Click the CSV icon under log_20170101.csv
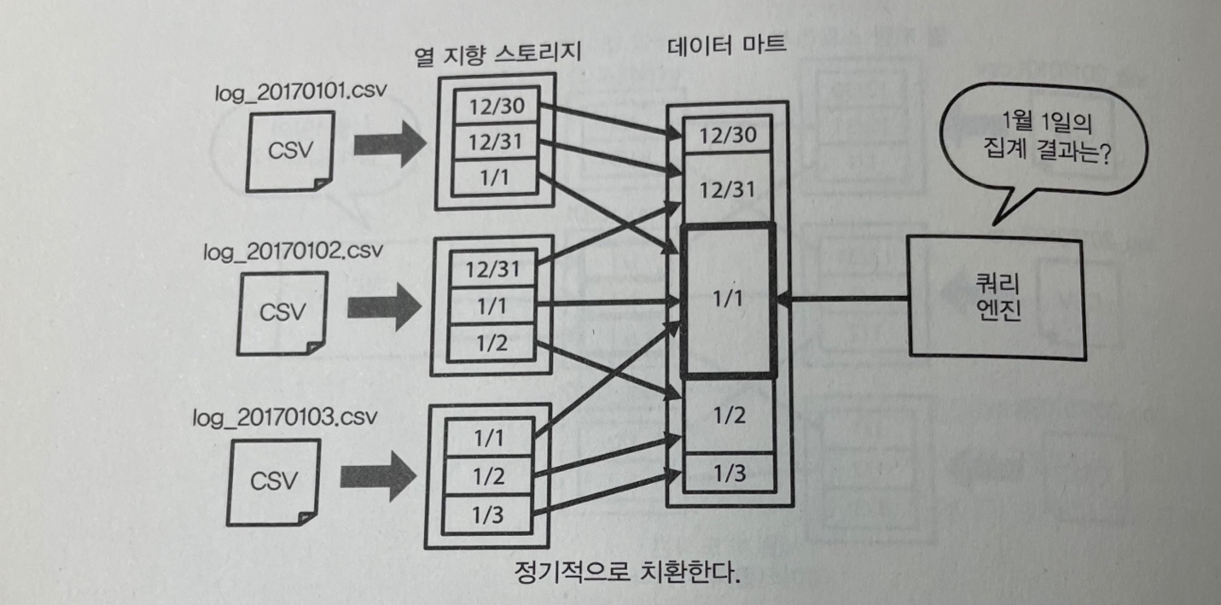pyautogui.click(x=290, y=149)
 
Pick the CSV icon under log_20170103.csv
pyautogui.click(x=274, y=480)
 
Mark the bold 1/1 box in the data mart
pyautogui.click(x=729, y=300)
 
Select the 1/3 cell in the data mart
pyautogui.click(x=728, y=473)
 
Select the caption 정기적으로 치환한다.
pyautogui.click(x=626, y=571)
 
